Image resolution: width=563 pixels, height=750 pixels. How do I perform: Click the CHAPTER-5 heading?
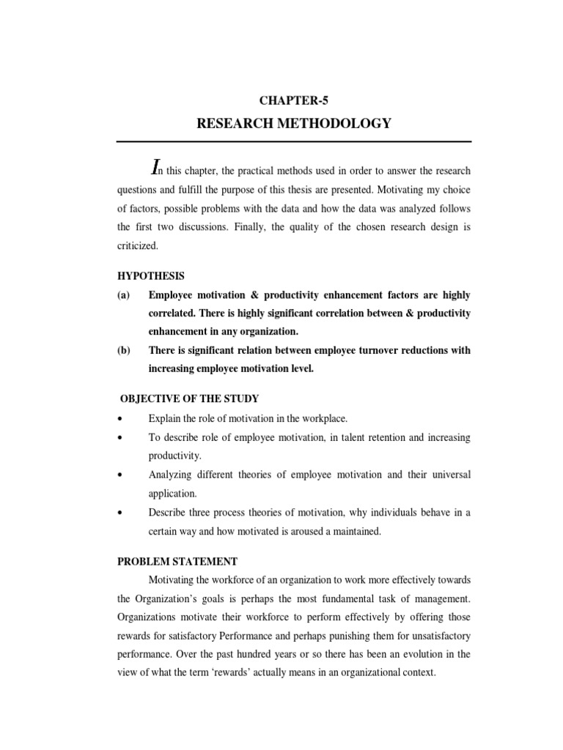coord(294,103)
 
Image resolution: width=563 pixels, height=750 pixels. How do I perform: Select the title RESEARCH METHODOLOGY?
coord(294,124)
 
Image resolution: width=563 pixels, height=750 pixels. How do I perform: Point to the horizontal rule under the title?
coord(294,141)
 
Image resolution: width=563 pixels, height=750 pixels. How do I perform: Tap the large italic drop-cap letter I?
coord(155,168)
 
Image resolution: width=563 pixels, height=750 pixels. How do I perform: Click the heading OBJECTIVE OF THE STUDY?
coord(188,398)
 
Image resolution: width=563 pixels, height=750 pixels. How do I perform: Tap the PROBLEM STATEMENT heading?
coord(177,561)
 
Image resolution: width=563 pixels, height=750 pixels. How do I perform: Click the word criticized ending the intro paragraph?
coord(137,247)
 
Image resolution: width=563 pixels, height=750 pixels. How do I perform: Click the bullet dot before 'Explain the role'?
coord(119,418)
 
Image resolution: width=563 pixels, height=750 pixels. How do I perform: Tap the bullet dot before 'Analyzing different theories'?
coord(119,475)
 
